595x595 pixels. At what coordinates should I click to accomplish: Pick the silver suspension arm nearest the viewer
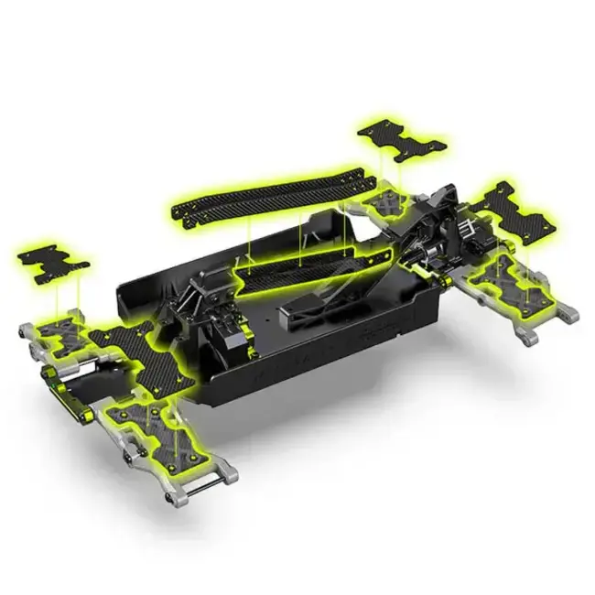point(174,449)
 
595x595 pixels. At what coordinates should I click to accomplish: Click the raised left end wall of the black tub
point(128,293)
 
